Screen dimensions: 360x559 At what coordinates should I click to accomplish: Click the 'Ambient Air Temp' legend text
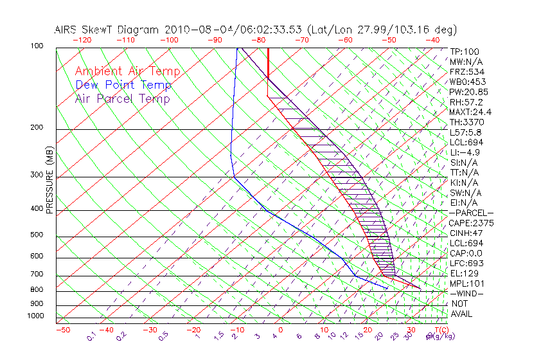point(127,72)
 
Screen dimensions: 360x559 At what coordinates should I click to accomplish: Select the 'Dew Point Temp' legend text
point(123,85)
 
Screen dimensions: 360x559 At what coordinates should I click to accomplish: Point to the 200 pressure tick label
point(37,127)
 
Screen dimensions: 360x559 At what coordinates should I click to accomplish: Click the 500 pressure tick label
point(37,235)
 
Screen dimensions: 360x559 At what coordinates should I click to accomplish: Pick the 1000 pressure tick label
point(35,316)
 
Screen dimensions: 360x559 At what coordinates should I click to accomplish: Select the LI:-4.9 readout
point(465,152)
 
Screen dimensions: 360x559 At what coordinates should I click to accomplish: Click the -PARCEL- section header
point(471,213)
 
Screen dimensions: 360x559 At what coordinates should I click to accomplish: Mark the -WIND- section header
point(466,293)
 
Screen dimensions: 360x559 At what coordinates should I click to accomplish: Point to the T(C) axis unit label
point(437,330)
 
